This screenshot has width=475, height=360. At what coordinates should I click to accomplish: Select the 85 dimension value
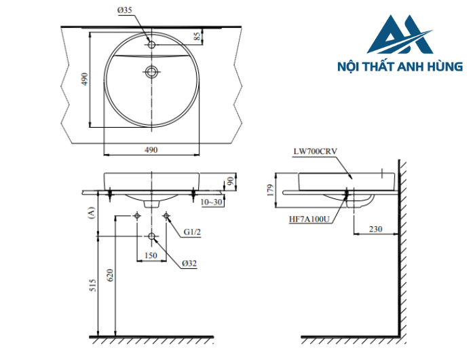(x=197, y=37)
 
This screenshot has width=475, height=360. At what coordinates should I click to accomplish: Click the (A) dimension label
(x=91, y=213)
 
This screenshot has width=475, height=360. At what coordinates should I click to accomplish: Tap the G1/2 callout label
(x=191, y=232)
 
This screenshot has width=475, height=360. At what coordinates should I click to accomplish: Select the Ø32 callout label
(x=189, y=263)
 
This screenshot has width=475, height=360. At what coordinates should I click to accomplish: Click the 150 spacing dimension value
(x=151, y=256)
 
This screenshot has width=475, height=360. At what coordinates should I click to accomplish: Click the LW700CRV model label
(x=315, y=152)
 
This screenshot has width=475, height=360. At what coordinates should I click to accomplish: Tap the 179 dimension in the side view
(x=271, y=188)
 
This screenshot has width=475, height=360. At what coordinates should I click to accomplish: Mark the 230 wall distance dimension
(x=375, y=230)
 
